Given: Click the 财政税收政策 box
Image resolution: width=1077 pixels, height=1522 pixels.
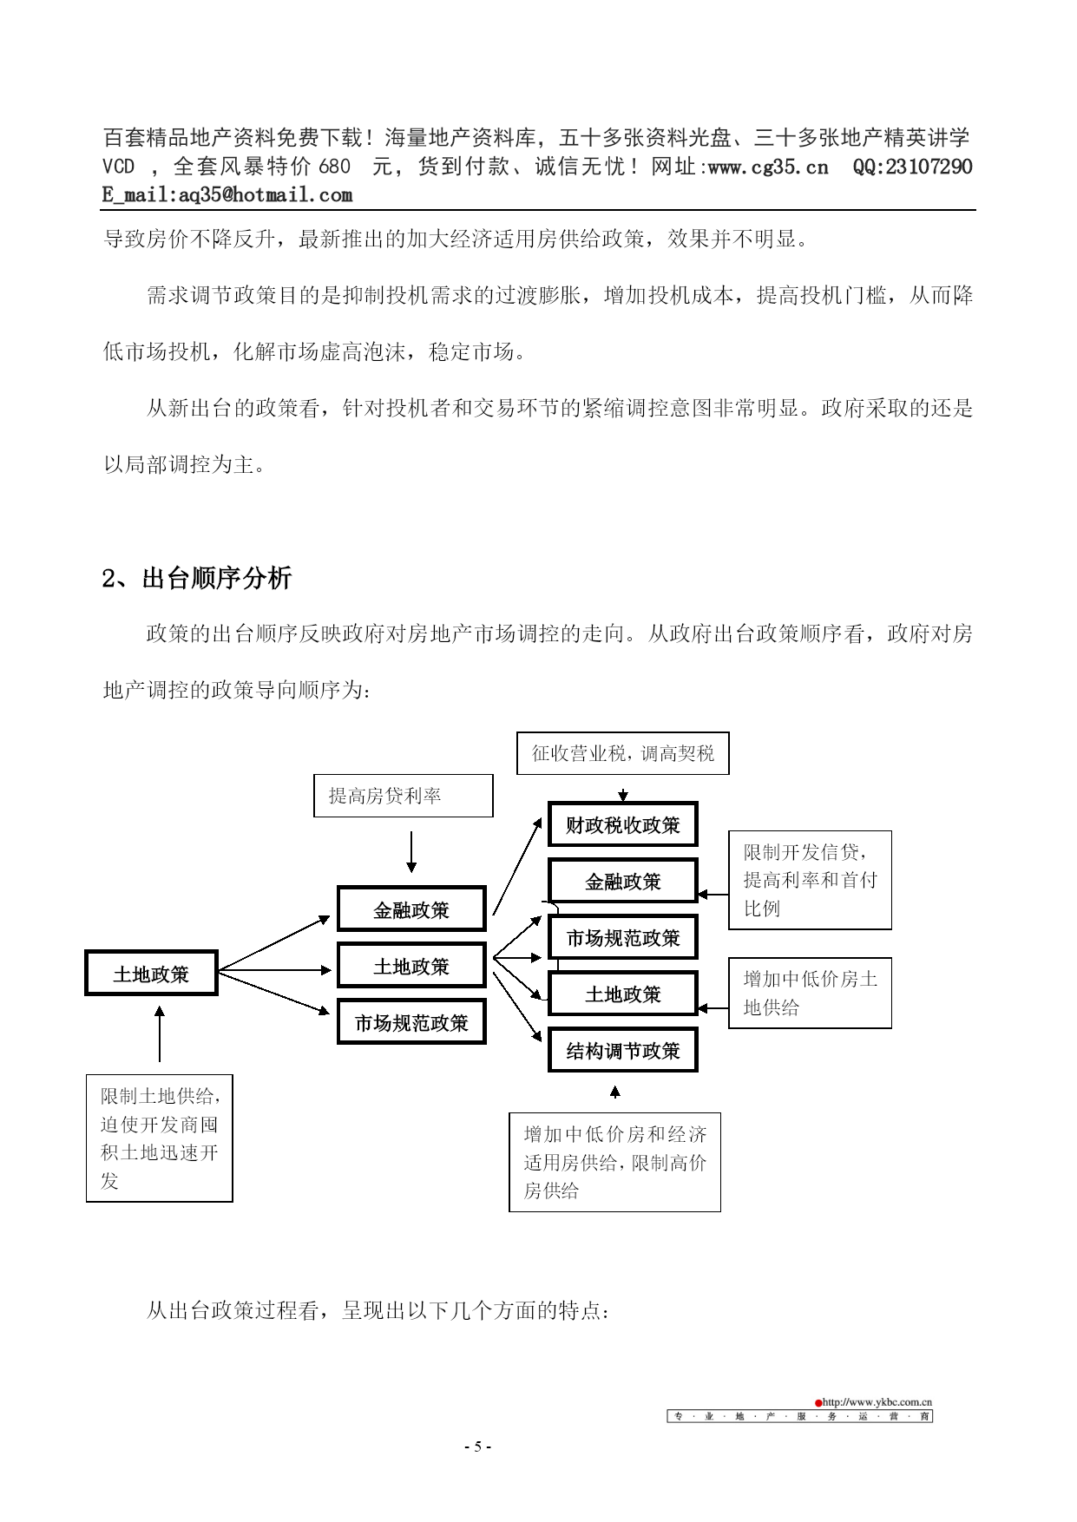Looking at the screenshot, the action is [623, 824].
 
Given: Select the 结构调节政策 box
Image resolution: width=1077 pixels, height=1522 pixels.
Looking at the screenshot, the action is [623, 1051].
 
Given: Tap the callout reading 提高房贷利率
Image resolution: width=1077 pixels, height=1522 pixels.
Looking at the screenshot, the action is [404, 796].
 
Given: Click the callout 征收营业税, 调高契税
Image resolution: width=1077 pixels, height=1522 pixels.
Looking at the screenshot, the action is [623, 753].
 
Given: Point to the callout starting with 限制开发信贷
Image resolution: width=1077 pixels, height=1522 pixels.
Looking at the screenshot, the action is [810, 880].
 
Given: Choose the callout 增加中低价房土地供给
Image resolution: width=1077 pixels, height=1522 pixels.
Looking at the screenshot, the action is [810, 993].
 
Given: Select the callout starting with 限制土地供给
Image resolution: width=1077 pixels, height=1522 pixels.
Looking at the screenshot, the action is [160, 1138].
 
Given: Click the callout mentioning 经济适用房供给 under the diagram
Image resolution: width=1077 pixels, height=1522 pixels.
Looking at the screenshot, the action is [615, 1163].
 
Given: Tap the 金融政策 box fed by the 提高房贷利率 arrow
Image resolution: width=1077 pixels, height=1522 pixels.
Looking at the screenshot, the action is [411, 909].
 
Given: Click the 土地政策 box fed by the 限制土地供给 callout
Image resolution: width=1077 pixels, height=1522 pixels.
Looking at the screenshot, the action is [151, 974].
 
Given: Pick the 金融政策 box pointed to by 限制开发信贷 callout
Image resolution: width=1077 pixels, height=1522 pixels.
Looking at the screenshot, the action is [623, 882].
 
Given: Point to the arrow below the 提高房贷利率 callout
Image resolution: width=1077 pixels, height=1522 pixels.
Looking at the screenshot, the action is [411, 852].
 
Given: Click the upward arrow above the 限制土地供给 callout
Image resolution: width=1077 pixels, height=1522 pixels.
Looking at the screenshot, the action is [160, 1033].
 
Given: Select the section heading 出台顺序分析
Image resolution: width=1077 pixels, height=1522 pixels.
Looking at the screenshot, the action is [217, 578].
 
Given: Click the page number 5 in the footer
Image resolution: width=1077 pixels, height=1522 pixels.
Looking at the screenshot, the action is [477, 1447].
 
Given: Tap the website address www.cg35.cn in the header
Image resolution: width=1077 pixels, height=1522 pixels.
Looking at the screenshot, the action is [768, 167].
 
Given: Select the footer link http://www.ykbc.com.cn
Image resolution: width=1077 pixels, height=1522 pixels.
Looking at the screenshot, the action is [877, 1401].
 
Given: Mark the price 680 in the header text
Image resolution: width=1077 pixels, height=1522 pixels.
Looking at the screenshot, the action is [334, 167].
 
